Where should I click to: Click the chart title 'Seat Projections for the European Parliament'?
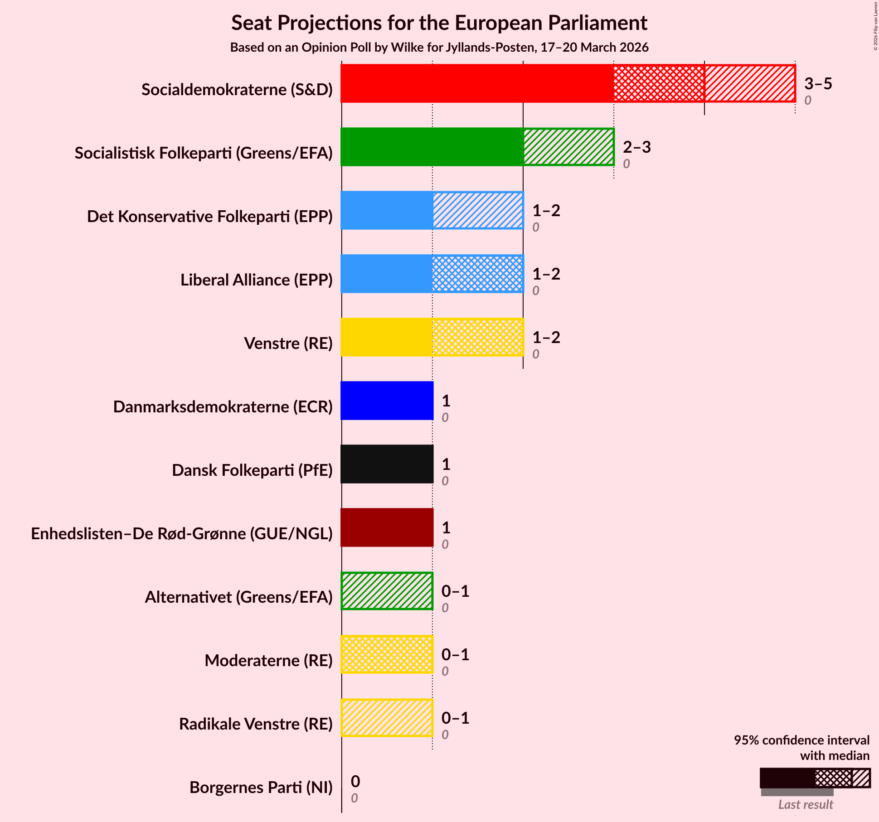point(439,23)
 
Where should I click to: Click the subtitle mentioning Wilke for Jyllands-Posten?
point(439,48)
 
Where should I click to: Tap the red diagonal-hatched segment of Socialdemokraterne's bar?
point(750,83)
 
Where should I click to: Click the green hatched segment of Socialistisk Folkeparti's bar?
point(568,147)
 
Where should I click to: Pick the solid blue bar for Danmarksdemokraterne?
point(387,401)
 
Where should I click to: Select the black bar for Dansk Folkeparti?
point(387,464)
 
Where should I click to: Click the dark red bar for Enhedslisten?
point(387,527)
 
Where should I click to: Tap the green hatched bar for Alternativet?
point(387,591)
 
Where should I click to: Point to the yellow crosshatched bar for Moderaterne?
point(387,654)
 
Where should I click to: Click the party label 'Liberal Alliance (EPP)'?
point(256,280)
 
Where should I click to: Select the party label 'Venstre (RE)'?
point(288,343)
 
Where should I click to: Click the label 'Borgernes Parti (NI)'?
point(261,788)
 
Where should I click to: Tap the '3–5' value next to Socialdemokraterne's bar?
point(818,84)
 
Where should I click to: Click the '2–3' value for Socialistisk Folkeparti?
point(636,147)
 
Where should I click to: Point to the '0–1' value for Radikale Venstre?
point(455,718)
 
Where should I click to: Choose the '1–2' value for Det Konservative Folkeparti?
point(546,211)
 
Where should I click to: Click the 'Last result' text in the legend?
point(805,805)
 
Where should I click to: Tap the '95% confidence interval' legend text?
point(801,740)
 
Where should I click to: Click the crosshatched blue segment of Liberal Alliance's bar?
point(477,274)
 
